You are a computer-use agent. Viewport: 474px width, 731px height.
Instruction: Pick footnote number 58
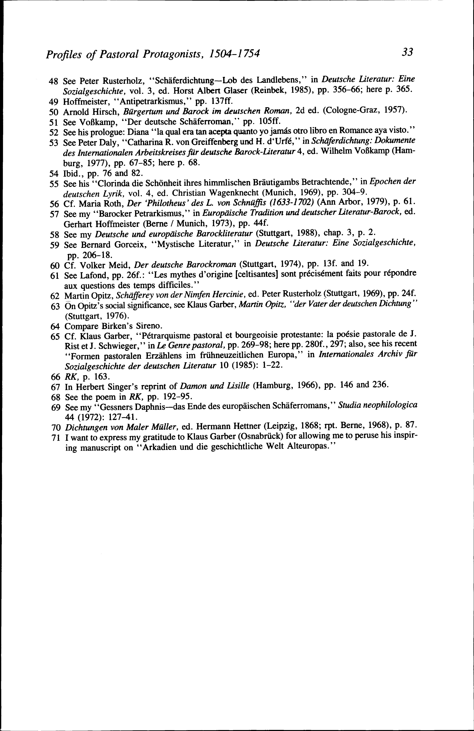tap(54, 235)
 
